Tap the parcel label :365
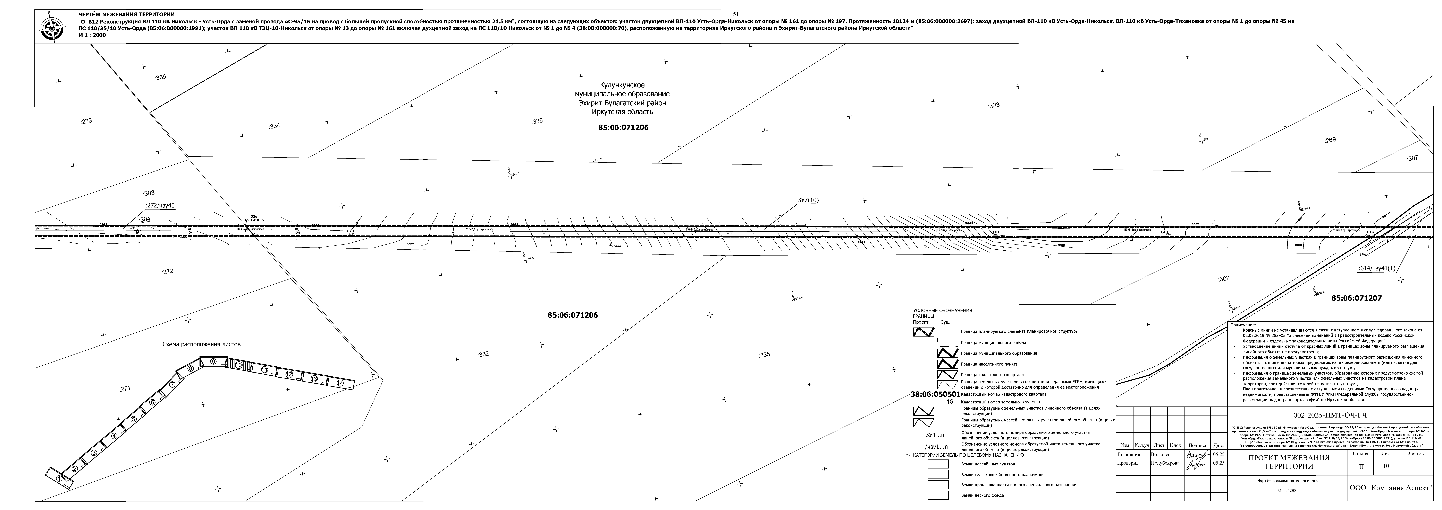tap(160, 77)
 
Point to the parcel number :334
tap(274, 126)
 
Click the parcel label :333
tap(994, 105)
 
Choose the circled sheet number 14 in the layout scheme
tap(340, 383)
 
